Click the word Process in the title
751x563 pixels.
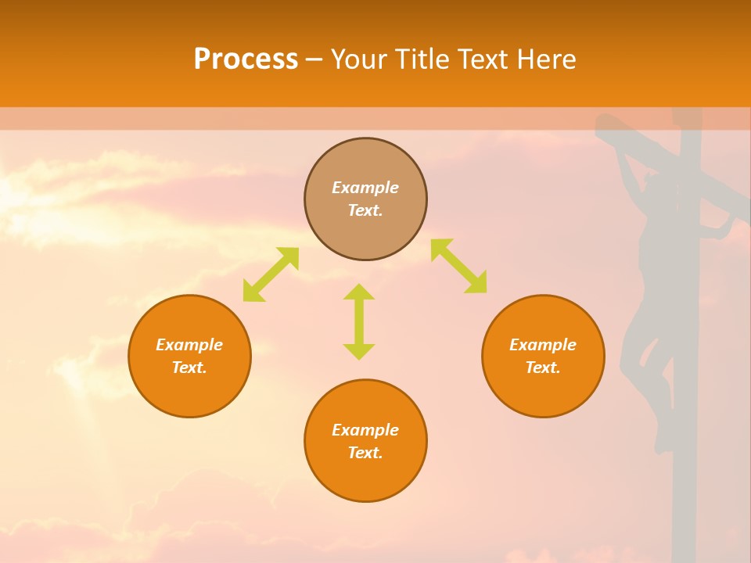pyautogui.click(x=246, y=59)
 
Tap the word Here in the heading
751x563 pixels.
pyautogui.click(x=545, y=59)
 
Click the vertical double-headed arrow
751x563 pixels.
pyautogui.click(x=359, y=321)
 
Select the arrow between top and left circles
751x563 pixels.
pyautogui.click(x=271, y=274)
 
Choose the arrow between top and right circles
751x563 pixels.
pyautogui.click(x=459, y=266)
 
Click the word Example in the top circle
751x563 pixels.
pyautogui.click(x=365, y=188)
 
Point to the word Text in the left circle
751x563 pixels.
pyautogui.click(x=189, y=368)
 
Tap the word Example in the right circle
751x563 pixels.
pyautogui.click(x=543, y=345)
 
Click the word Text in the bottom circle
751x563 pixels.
pyautogui.click(x=365, y=453)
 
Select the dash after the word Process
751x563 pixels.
pyautogui.click(x=314, y=59)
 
